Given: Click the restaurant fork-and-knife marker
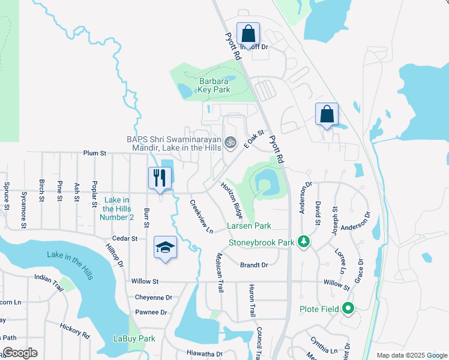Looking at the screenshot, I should (x=160, y=178).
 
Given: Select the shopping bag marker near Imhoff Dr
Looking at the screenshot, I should (x=247, y=34).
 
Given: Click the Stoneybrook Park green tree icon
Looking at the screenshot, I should (x=304, y=242).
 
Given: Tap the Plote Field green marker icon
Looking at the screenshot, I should (x=348, y=310).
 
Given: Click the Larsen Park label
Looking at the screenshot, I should (x=249, y=226).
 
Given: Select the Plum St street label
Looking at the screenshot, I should (x=95, y=154).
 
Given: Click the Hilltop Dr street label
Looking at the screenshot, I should (x=113, y=255).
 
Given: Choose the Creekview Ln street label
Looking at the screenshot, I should (x=202, y=217).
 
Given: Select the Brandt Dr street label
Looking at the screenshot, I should (x=253, y=265).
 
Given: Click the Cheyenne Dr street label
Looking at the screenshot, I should (x=153, y=297).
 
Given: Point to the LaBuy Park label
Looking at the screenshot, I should (x=134, y=338).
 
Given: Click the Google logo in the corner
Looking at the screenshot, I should (x=20, y=353).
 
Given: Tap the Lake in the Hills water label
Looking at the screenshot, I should (x=70, y=265).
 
